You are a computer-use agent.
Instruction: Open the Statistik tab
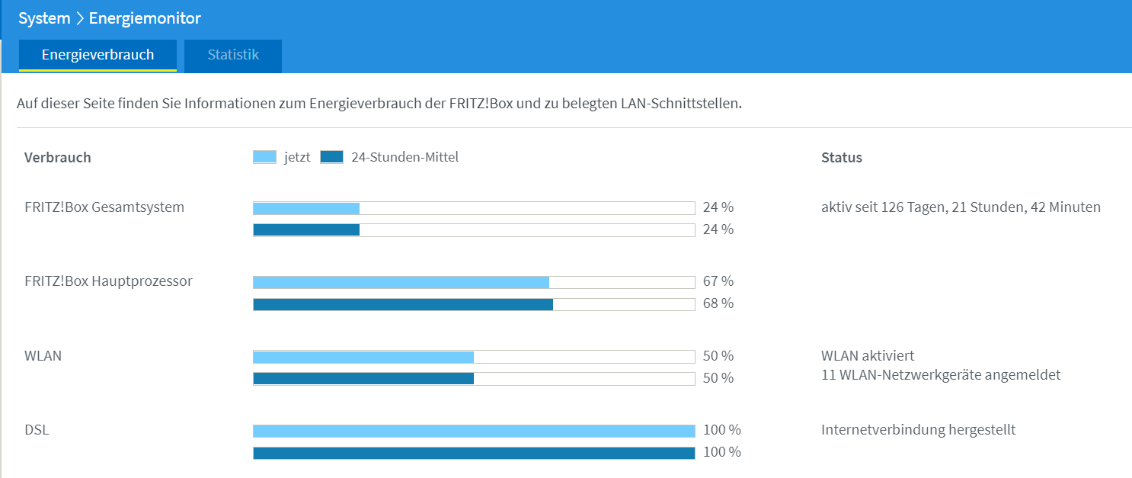coord(233,56)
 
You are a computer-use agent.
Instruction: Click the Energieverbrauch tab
coord(98,56)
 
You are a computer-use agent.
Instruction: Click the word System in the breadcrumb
coord(44,18)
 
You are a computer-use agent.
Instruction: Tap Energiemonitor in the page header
coord(145,18)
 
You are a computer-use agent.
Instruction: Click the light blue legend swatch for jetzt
coord(264,158)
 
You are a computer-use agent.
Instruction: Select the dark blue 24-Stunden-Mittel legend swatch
coord(331,158)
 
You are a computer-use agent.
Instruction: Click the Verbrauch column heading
coord(57,158)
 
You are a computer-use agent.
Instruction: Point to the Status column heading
coord(841,158)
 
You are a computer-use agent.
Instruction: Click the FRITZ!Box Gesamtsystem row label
coord(104,207)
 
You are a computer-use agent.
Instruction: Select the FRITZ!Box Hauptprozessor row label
coord(108,281)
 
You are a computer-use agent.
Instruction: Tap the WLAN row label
coord(43,355)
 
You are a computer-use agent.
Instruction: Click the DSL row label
coord(37,430)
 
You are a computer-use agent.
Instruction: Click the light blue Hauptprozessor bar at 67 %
coord(401,283)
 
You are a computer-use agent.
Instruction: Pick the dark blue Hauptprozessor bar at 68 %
coord(403,305)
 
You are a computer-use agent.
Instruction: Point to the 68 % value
coord(718,303)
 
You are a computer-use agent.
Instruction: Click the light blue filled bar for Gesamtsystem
coord(306,208)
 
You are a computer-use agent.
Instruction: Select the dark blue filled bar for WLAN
coord(363,378)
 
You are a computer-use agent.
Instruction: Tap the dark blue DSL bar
coord(474,453)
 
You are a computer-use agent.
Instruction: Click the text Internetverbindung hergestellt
coord(918,430)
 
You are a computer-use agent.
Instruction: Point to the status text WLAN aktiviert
coord(867,355)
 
